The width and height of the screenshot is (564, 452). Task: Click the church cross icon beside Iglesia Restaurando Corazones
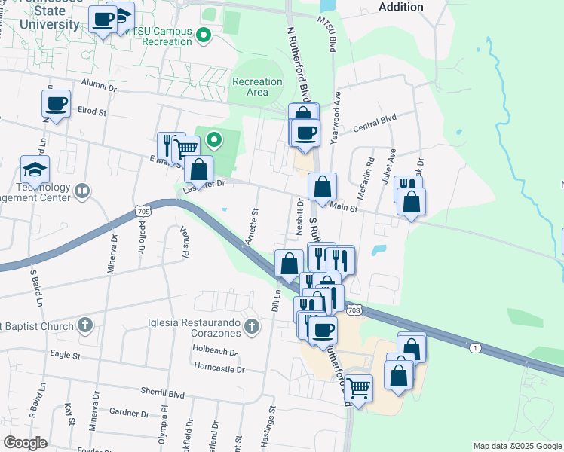click(253, 327)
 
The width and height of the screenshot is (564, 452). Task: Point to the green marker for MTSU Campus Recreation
click(202, 35)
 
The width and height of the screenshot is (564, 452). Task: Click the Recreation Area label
click(257, 87)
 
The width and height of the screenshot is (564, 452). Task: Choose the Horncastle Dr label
click(219, 369)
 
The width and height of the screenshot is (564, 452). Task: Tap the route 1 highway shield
click(474, 347)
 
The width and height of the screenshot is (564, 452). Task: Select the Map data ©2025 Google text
click(516, 446)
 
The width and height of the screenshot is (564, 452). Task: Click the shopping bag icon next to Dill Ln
click(289, 264)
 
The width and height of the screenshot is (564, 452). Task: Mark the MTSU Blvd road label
click(326, 33)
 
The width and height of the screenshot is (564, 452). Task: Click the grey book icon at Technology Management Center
click(82, 192)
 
